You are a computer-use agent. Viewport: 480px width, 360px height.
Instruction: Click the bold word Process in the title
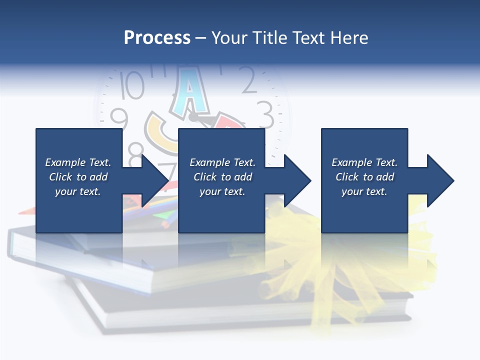tap(157, 37)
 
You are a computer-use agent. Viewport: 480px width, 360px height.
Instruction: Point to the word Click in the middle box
tap(205, 177)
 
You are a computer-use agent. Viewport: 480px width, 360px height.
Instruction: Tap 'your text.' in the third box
tap(364, 191)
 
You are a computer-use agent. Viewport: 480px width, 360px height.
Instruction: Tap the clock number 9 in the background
tap(119, 119)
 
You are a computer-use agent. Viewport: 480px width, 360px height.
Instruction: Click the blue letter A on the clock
tap(189, 90)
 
